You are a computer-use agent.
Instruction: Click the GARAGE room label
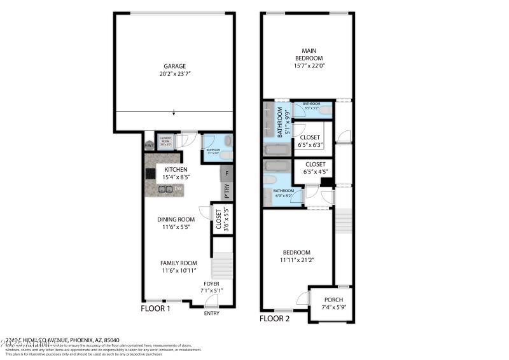click(174, 66)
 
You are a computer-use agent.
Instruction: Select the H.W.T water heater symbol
click(149, 144)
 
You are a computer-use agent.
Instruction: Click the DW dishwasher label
click(179, 188)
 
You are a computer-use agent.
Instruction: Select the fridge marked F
click(226, 173)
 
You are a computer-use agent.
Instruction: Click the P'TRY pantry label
click(226, 190)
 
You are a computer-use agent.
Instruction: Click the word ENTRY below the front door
click(212, 314)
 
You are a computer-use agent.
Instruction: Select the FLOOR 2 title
click(275, 318)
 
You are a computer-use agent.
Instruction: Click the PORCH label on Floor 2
click(333, 300)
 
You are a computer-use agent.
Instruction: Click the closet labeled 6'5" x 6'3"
click(310, 141)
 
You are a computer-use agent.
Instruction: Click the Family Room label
click(178, 263)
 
